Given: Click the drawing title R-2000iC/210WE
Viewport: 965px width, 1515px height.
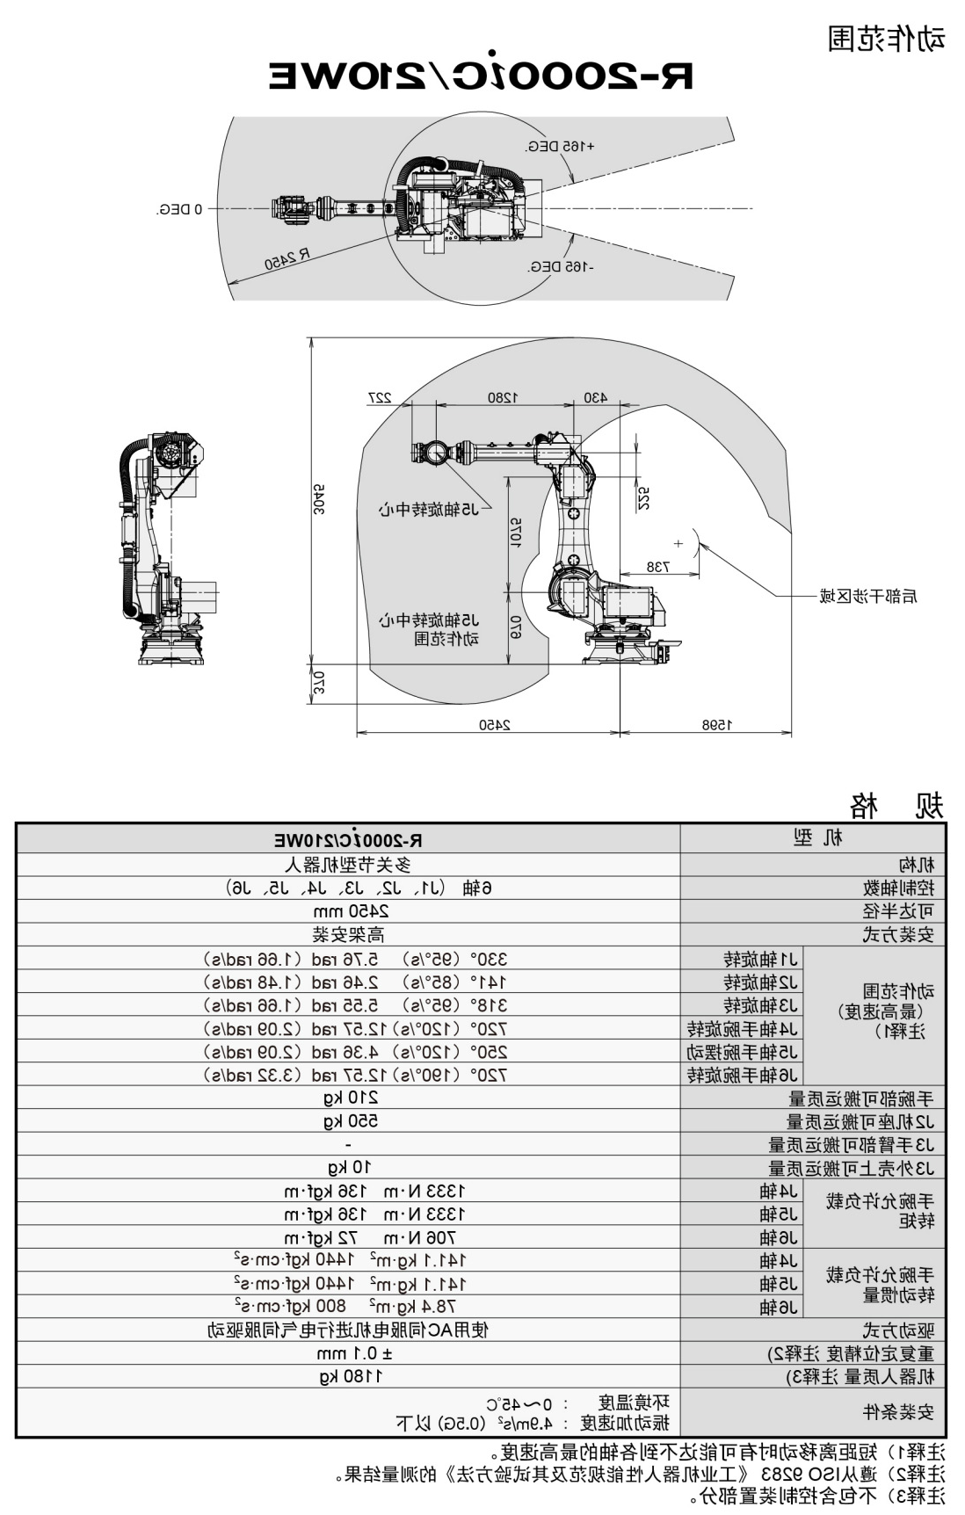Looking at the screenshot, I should (x=481, y=77).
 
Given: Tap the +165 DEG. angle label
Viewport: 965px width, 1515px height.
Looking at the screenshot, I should (x=560, y=146).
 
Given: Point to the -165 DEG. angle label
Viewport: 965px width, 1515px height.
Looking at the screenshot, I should (x=560, y=266).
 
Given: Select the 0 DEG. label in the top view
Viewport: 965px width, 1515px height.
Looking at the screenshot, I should (x=180, y=209).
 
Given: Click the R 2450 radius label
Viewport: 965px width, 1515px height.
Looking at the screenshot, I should (x=287, y=258).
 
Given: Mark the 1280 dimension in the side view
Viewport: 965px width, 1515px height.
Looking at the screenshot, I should (x=504, y=397).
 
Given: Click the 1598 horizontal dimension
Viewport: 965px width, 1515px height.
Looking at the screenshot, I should (x=716, y=725).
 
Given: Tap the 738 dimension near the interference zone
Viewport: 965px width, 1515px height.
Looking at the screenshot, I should (x=657, y=567).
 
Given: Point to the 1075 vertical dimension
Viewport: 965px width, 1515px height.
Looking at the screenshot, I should (x=516, y=532).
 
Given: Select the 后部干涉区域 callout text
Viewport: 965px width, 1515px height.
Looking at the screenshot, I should (x=867, y=597).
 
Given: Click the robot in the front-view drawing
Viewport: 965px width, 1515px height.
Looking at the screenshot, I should (x=164, y=549).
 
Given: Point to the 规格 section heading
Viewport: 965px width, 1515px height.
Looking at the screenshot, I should (x=896, y=805).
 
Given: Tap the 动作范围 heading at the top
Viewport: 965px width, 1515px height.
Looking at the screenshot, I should (x=886, y=39).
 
